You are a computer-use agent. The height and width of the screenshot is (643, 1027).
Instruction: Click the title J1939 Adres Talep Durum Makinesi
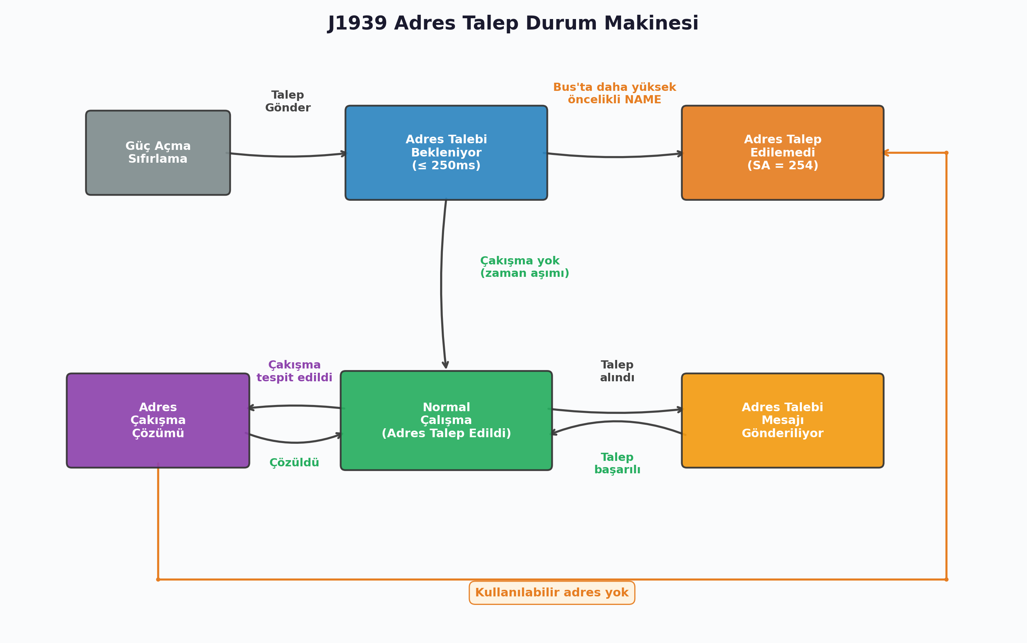tap(513, 23)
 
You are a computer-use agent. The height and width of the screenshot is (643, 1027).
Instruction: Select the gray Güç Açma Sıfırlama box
tap(158, 153)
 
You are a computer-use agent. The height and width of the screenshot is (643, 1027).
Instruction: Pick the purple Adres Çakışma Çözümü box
tap(158, 420)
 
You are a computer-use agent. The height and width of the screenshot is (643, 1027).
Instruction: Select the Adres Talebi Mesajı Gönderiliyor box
tap(782, 420)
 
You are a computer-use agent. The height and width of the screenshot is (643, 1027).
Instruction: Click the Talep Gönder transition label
tap(288, 101)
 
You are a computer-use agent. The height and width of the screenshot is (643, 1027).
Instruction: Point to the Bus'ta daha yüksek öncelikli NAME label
tap(614, 94)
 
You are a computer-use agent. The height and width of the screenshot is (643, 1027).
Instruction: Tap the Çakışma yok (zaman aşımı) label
tap(524, 267)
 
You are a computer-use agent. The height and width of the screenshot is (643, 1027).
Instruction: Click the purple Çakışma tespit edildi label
tap(294, 371)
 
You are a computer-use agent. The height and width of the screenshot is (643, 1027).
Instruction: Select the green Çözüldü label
tap(294, 463)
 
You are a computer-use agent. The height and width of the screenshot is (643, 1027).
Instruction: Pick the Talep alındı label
tap(617, 371)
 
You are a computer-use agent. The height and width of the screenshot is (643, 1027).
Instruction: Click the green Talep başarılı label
tap(617, 464)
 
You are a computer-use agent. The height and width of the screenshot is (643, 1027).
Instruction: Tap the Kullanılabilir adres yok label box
tap(552, 593)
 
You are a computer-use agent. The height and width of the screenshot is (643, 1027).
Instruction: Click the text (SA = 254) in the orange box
tap(782, 166)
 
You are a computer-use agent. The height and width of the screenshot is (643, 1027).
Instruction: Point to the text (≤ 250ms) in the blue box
tap(446, 166)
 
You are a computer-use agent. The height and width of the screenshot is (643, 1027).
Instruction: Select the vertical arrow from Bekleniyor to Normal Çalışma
tap(441, 285)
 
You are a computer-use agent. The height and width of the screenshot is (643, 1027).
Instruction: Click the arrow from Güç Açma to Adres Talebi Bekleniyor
tap(288, 156)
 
